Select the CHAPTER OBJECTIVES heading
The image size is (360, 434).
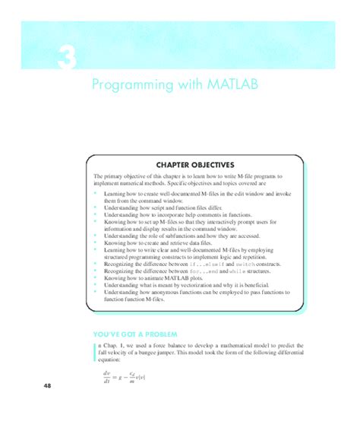pos(195,163)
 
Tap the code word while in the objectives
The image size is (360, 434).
pos(237,270)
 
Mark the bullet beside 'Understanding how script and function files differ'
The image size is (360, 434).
pos(96,208)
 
